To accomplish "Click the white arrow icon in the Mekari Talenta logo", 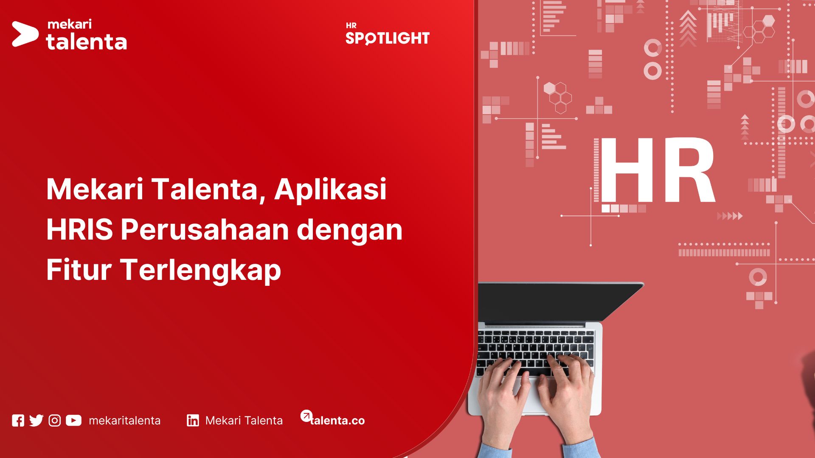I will (24, 34).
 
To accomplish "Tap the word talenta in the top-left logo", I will (86, 42).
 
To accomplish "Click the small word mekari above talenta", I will (70, 24).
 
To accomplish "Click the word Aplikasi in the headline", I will (330, 189).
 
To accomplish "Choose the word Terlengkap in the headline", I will (201, 270).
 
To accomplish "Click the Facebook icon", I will (18, 420).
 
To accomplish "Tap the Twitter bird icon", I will (37, 420).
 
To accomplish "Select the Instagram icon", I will (55, 420).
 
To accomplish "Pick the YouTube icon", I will (73, 420).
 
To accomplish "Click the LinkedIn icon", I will (193, 420).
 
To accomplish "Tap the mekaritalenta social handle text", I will (124, 420).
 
